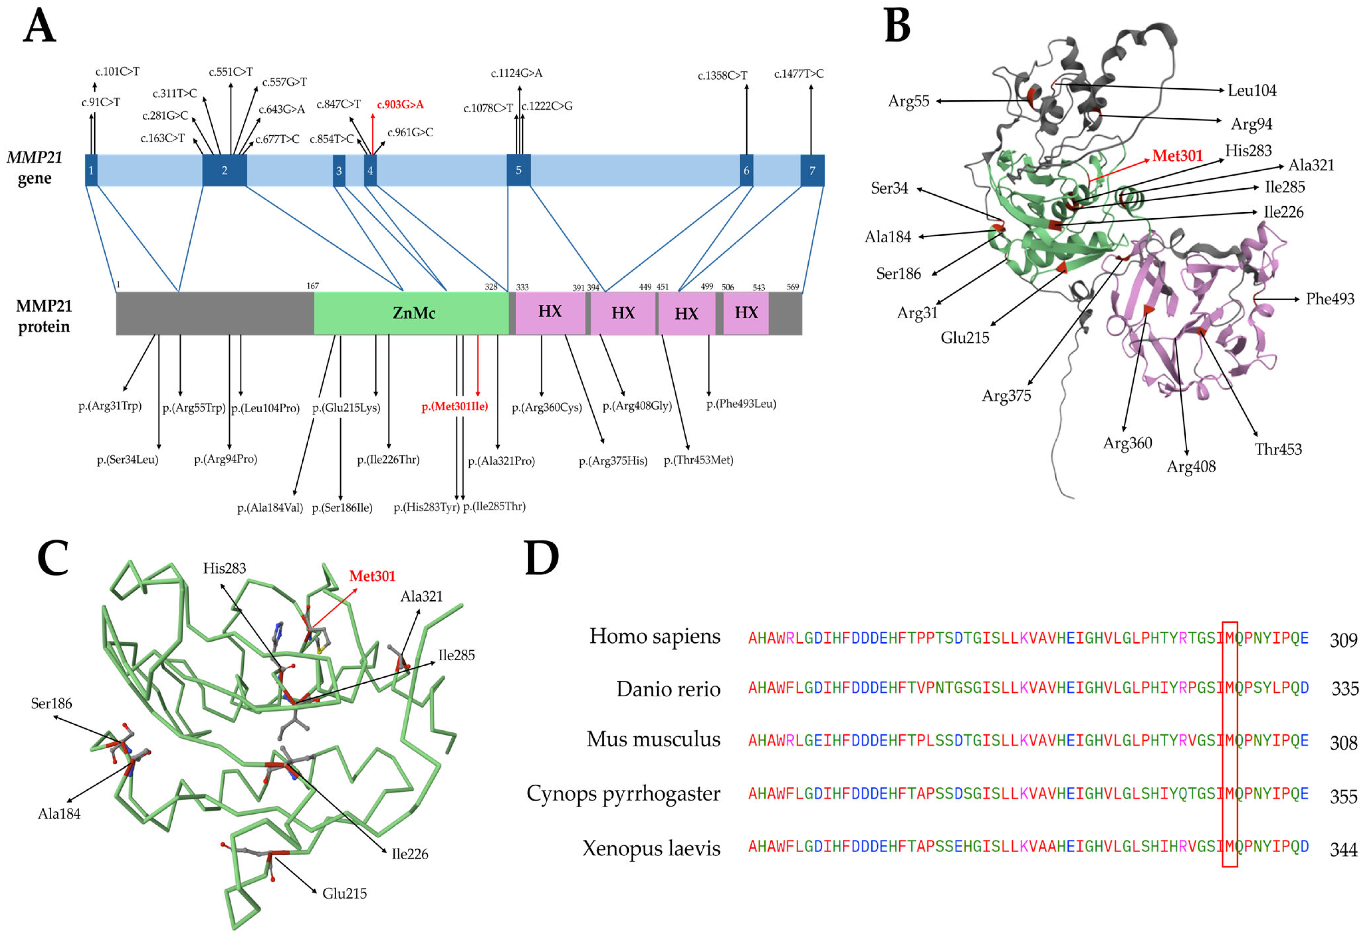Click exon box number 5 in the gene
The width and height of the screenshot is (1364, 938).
[x=519, y=170]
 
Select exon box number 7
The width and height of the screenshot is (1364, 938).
[x=812, y=170]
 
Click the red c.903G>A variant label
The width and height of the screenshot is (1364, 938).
[x=400, y=105]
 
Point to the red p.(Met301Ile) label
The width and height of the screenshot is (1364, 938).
[x=455, y=406]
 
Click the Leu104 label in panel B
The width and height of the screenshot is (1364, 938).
[x=1252, y=90]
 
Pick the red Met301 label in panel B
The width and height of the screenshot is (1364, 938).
[x=1177, y=156]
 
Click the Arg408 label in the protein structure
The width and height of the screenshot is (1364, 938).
[x=1191, y=467]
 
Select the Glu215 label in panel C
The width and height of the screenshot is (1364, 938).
[x=344, y=893]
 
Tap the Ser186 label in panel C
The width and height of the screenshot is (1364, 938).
[x=51, y=703]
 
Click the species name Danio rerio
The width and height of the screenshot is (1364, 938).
[x=668, y=689]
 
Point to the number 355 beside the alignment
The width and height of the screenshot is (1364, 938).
[x=1344, y=797]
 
